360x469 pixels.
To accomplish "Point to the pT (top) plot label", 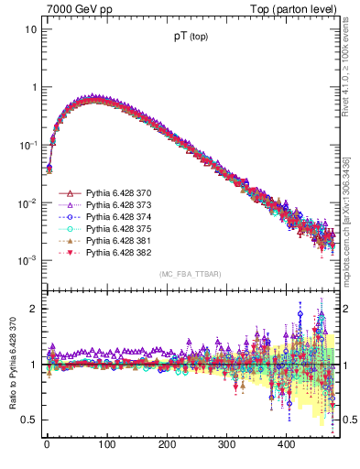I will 191,38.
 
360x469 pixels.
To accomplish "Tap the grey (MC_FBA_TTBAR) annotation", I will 191,275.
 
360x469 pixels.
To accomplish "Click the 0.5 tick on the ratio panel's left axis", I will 27,420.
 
